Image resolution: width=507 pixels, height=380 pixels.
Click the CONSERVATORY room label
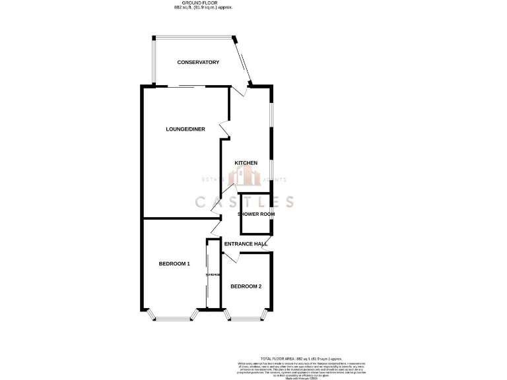tap(198, 62)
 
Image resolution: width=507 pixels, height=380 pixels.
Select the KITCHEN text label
tap(246, 163)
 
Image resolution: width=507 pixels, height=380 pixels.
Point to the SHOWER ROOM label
tap(256, 214)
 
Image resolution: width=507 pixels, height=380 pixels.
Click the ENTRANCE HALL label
tap(246, 244)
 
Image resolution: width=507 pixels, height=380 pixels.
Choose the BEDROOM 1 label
tap(174, 264)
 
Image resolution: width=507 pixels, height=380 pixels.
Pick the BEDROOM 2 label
tap(246, 286)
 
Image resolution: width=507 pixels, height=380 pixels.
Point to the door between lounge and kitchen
tap(225, 131)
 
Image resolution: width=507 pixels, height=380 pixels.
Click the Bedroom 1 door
tap(215, 228)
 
